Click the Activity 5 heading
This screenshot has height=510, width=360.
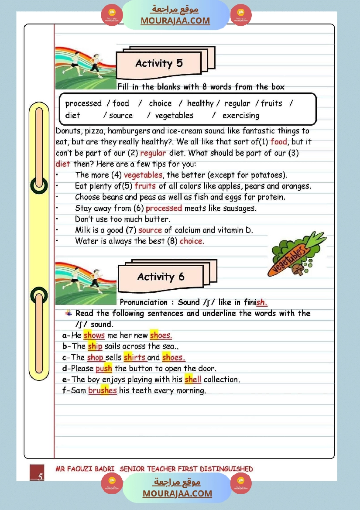(159, 64)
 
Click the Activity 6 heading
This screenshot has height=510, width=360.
(161, 277)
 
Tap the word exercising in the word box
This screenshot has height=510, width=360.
(240, 116)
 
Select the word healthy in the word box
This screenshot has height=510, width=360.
(200, 103)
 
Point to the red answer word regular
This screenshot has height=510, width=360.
(153, 153)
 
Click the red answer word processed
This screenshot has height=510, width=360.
(164, 208)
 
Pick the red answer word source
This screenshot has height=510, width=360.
(150, 230)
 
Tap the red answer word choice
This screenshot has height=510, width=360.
(192, 241)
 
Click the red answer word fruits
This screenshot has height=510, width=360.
(145, 186)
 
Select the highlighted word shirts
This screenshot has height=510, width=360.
(134, 357)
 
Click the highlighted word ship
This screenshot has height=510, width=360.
(95, 346)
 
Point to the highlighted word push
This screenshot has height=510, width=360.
(104, 369)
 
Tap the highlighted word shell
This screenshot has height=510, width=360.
(193, 379)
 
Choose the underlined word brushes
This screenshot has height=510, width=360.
(103, 390)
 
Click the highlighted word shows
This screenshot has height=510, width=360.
(94, 335)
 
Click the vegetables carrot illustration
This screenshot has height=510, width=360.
(296, 258)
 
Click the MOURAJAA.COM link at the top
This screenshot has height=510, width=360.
(175, 21)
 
